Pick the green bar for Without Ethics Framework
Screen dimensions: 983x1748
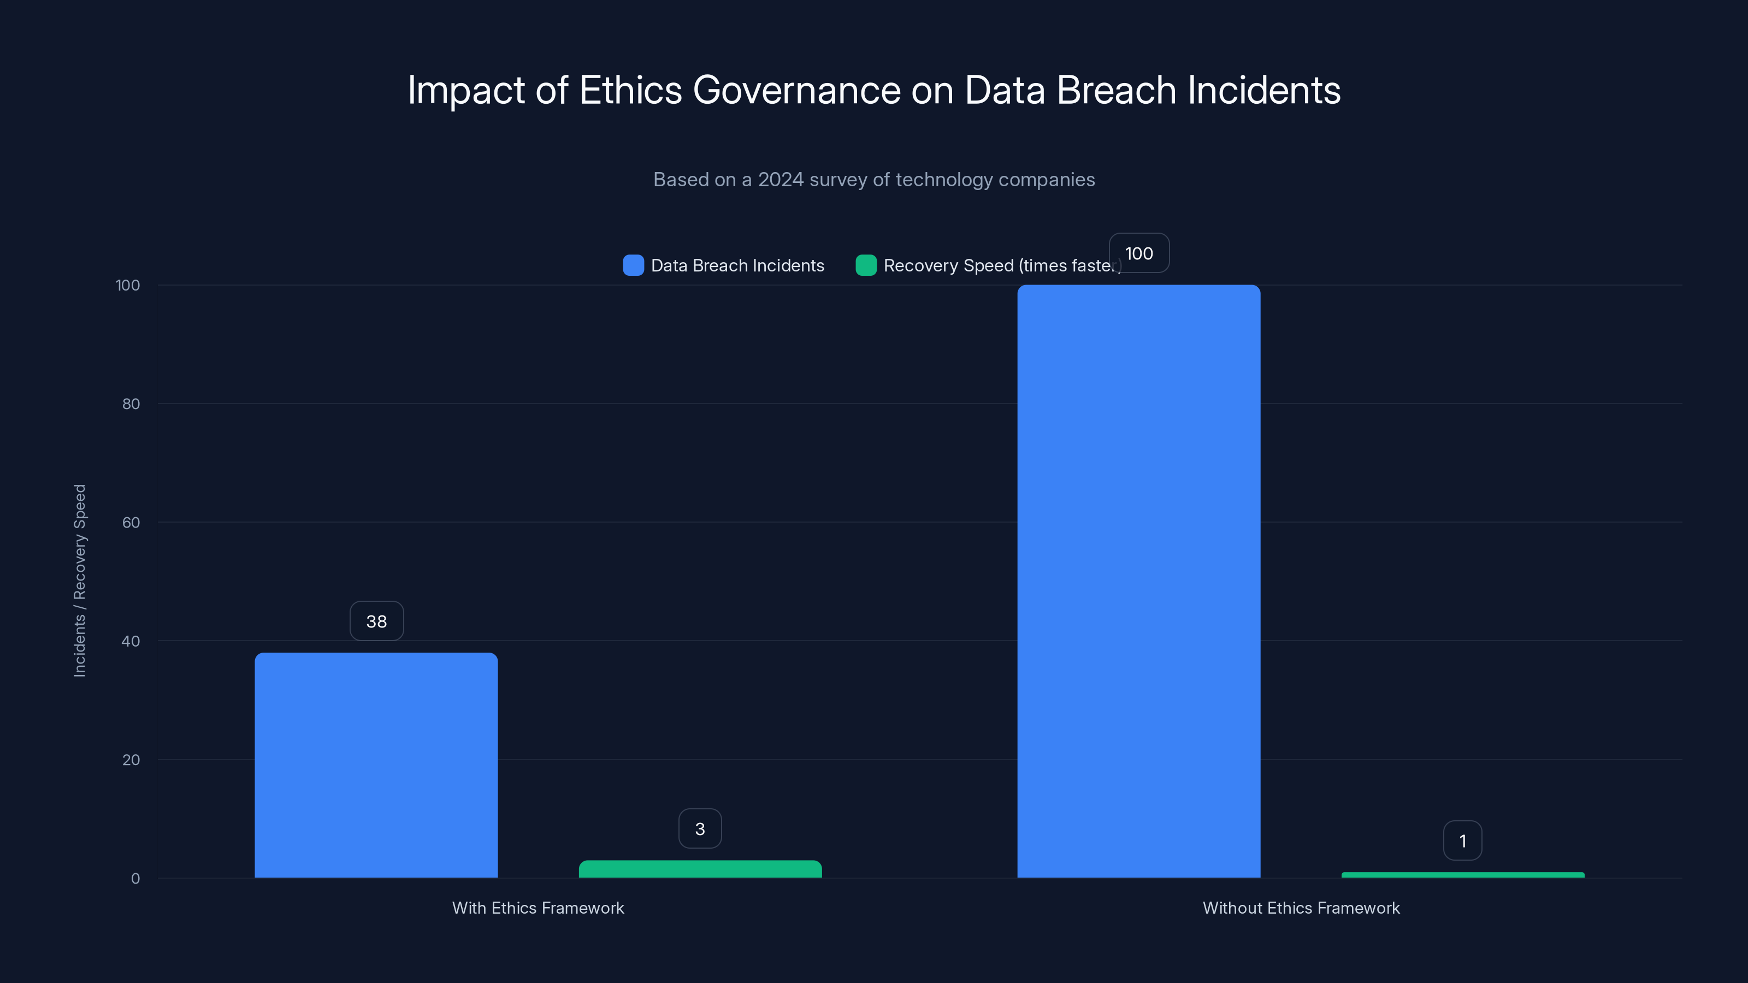[x=1462, y=875]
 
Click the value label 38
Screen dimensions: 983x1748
[x=376, y=621]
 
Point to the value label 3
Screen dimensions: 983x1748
[x=700, y=828]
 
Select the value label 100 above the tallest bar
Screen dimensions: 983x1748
[x=1138, y=253]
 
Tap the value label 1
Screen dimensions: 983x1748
[x=1462, y=840]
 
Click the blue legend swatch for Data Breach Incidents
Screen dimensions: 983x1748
[x=633, y=265]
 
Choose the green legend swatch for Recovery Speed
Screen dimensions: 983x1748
[x=866, y=265]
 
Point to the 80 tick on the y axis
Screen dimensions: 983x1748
[x=131, y=404]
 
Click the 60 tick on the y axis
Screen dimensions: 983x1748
[x=131, y=523]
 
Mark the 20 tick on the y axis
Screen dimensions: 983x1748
[x=131, y=760]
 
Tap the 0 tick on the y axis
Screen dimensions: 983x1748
[x=135, y=879]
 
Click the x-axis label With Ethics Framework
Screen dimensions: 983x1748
[x=538, y=908]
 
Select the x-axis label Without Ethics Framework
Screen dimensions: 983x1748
[x=1301, y=908]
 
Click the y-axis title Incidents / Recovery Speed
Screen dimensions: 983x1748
[x=79, y=580]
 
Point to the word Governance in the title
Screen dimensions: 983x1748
[x=796, y=90]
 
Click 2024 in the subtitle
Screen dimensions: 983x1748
[x=781, y=180]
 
